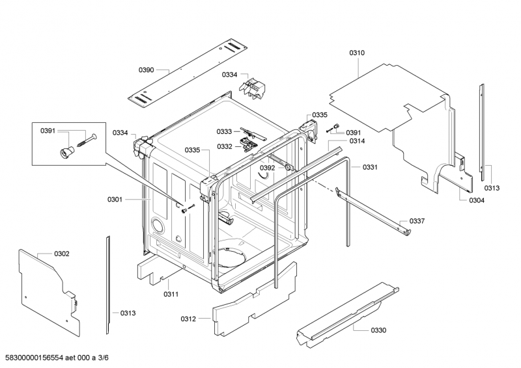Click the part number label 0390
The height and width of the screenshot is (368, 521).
146,69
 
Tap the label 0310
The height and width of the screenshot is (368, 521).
357,53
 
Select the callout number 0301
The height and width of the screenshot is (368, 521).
115,200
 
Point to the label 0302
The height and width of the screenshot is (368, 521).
62,253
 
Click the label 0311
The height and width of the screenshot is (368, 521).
171,294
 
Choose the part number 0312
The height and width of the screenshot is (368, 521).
188,318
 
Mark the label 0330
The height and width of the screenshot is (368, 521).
378,330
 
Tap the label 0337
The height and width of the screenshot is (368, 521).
417,221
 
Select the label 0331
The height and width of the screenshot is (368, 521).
370,167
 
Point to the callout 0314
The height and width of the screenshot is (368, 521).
357,141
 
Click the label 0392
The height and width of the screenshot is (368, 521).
268,168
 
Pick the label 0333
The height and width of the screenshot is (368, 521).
225,131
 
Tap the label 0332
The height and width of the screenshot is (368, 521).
225,146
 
